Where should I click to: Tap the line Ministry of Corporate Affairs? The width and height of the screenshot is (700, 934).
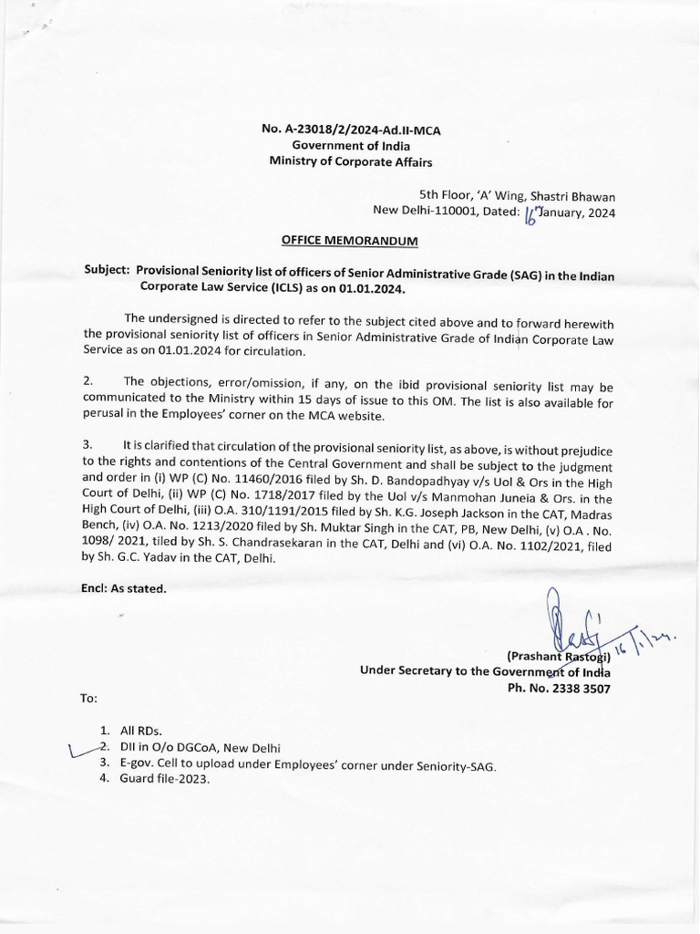tap(351, 161)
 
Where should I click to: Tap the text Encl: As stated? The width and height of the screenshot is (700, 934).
tap(124, 588)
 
